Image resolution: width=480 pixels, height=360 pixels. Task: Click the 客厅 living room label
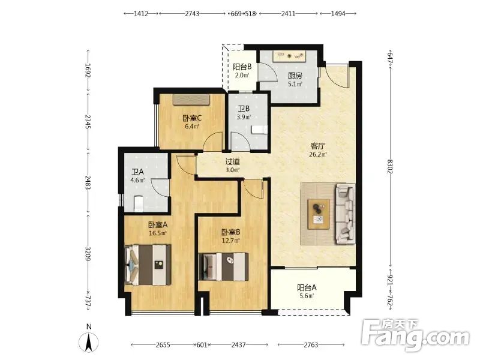click(318, 146)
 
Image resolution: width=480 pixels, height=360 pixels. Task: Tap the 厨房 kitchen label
click(295, 76)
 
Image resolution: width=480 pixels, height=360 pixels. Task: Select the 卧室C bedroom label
click(192, 118)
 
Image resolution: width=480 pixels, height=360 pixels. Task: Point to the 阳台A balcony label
click(307, 288)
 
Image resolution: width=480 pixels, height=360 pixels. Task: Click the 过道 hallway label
click(233, 161)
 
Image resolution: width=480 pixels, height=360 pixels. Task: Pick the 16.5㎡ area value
click(158, 233)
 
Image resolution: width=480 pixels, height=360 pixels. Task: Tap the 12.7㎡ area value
click(231, 241)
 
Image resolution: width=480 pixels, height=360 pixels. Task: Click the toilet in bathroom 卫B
click(259, 130)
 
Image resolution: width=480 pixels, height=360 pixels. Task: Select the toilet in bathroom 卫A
click(139, 203)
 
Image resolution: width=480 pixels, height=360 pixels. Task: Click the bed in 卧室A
click(148, 265)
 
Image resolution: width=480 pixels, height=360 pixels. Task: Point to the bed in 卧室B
click(223, 266)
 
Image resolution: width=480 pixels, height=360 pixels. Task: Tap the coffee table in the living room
click(319, 214)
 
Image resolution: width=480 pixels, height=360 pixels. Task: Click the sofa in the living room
click(346, 214)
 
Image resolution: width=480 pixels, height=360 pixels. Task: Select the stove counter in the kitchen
click(290, 56)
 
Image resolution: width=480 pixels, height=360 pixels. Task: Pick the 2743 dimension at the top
click(192, 13)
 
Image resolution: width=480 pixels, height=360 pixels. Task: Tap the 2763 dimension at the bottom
click(311, 345)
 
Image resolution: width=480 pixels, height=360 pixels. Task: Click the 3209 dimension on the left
click(88, 254)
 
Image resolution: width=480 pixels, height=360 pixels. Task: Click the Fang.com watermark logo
click(415, 336)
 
